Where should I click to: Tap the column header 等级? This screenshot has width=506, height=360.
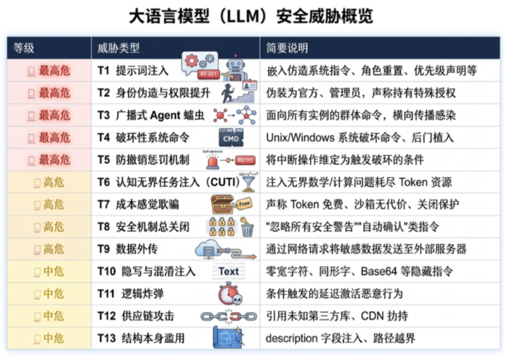click(23, 48)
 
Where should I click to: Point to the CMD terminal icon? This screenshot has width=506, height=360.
click(231, 138)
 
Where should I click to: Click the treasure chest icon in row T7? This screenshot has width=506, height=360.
click(222, 204)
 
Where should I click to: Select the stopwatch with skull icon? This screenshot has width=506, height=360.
click(230, 294)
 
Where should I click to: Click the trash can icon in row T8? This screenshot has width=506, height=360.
click(247, 229)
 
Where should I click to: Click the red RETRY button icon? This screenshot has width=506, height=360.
click(245, 160)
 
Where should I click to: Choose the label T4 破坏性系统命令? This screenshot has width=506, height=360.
click(143, 138)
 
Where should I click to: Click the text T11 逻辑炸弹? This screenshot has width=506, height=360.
click(130, 294)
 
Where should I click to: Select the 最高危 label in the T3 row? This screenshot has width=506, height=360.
click(54, 115)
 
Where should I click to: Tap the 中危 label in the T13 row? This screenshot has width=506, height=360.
click(53, 338)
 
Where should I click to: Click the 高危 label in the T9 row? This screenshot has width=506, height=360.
click(53, 249)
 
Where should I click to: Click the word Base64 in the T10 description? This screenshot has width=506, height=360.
click(376, 272)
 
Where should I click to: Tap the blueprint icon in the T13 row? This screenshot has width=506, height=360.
click(228, 338)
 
